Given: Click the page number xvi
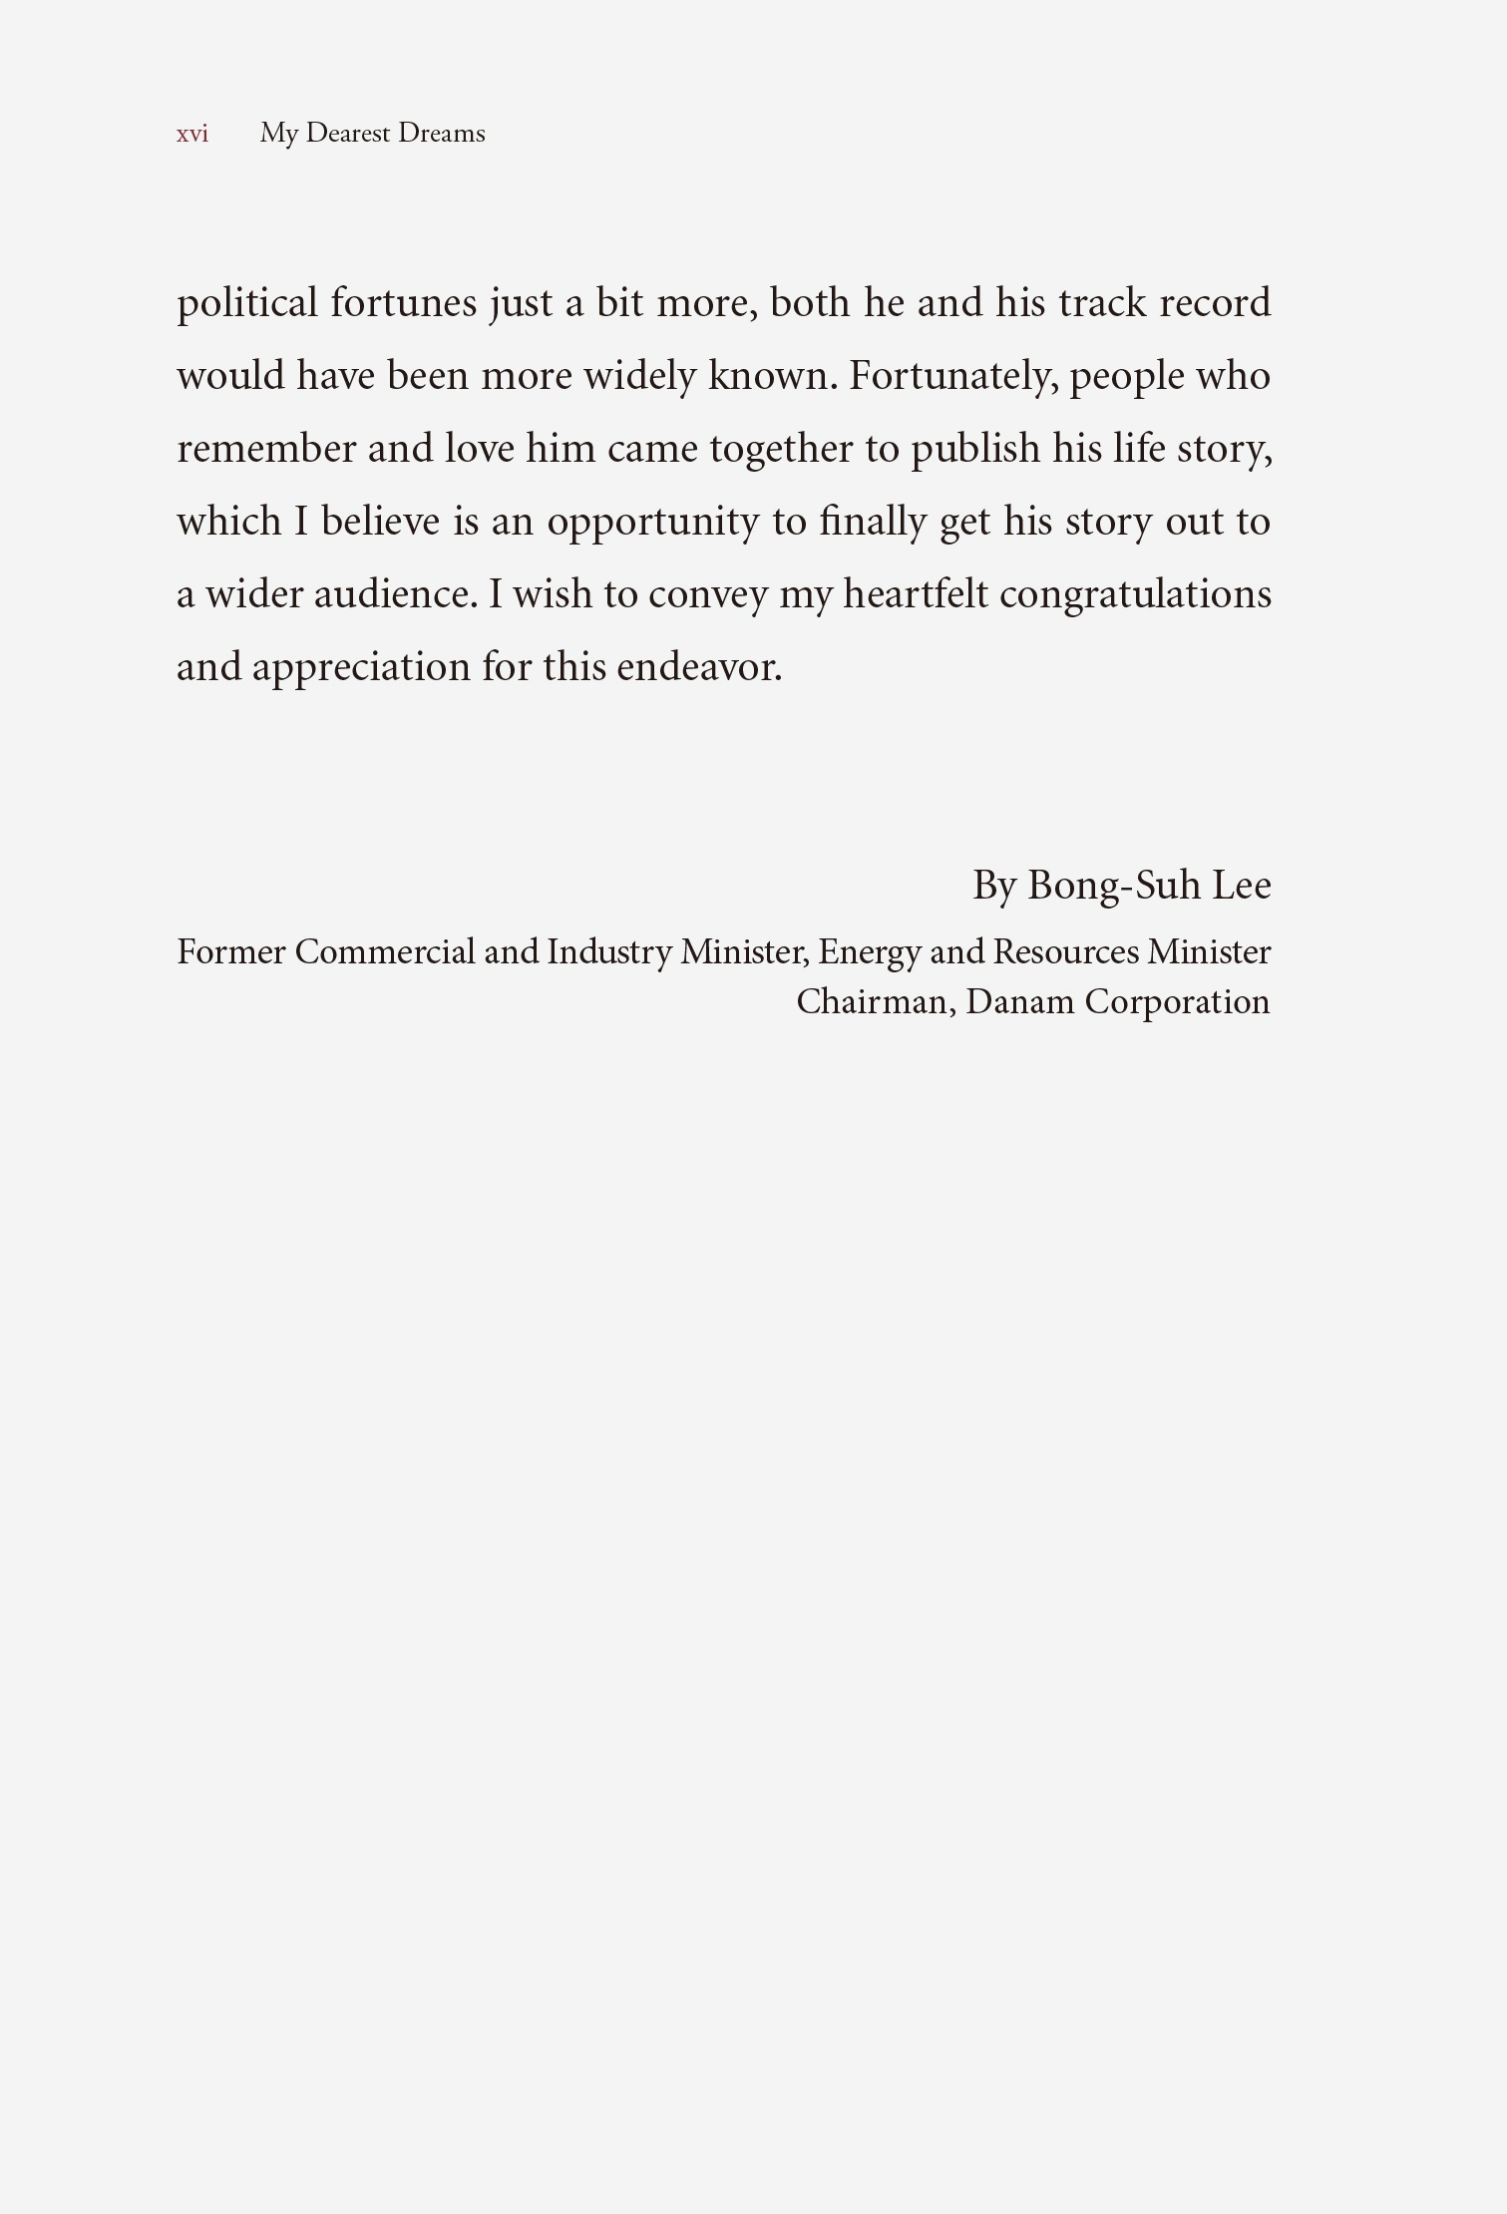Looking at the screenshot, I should pyautogui.click(x=192, y=134).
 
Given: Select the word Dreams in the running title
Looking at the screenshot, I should pyautogui.click(x=441, y=134).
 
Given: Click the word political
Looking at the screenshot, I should pyautogui.click(x=247, y=303).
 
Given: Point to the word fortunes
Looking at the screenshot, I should pyautogui.click(x=404, y=303).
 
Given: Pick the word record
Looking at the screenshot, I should pyautogui.click(x=1215, y=303).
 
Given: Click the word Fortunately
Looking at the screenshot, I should pyautogui.click(x=952, y=376).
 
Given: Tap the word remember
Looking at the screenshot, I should pyautogui.click(x=266, y=449).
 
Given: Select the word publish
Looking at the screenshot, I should pyautogui.click(x=975, y=449).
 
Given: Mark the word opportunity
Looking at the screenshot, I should pyautogui.click(x=653, y=522).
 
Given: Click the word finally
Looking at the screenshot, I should pyautogui.click(x=873, y=522).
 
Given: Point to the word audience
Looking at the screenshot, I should pyautogui.click(x=395, y=594).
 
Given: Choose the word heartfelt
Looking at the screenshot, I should pyautogui.click(x=916, y=594).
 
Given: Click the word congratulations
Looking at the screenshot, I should pyautogui.click(x=1135, y=594).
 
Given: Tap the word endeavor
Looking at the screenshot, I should pyautogui.click(x=699, y=667).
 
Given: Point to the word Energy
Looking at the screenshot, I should pyautogui.click(x=869, y=952).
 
